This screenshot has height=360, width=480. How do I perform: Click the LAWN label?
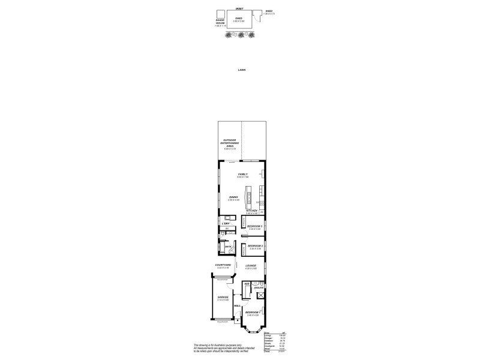coord(241,70)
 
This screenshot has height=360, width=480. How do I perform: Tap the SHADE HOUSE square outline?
coord(220,15)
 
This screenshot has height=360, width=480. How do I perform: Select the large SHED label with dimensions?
coord(239,20)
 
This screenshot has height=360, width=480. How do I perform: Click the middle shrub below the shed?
coord(241,35)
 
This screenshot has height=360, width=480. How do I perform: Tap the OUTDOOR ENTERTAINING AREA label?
coord(230,145)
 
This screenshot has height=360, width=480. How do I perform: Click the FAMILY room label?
coord(242,175)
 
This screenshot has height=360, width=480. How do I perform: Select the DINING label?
coord(233,197)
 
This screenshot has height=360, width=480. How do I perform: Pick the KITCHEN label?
coord(251,211)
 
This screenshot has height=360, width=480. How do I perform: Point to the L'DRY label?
coord(226,224)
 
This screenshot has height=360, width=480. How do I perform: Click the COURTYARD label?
coord(223,265)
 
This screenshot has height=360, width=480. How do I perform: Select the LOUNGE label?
coord(251,266)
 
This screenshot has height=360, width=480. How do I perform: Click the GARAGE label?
coord(223,298)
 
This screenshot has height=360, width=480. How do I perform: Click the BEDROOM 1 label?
coord(252,313)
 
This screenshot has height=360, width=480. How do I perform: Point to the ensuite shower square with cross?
coord(261,295)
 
